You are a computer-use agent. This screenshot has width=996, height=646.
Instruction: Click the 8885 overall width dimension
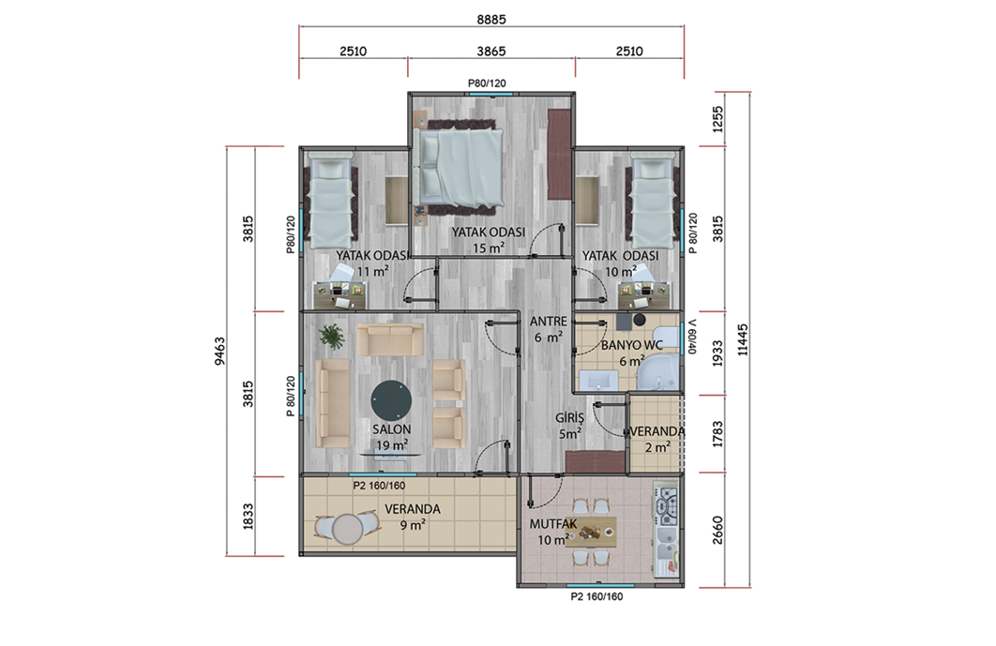(x=491, y=20)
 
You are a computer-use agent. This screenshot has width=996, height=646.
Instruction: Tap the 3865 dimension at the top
(x=491, y=52)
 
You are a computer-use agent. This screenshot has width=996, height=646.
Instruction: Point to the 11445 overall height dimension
(x=743, y=339)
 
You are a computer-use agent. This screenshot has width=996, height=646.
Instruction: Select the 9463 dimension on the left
(x=219, y=352)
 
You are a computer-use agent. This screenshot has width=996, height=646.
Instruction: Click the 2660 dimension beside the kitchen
(x=717, y=530)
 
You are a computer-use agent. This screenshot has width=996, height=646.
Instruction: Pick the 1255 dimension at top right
(x=717, y=119)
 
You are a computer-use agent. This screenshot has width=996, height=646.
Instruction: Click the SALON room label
(x=391, y=429)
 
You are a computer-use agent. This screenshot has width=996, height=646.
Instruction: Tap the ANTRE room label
(x=549, y=322)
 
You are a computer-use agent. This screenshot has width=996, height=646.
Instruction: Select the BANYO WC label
(x=632, y=346)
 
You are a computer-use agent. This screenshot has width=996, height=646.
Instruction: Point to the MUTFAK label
(x=553, y=524)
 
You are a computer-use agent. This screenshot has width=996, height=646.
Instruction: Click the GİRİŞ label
(x=569, y=418)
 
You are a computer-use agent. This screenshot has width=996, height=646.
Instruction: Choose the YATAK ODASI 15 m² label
(x=489, y=239)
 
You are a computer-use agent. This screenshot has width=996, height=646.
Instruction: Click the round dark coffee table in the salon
(x=391, y=400)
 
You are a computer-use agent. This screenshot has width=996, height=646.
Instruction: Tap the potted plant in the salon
(x=332, y=336)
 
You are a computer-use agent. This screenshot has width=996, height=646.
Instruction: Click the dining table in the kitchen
(x=591, y=532)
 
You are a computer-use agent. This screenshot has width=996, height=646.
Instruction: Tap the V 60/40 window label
(x=692, y=337)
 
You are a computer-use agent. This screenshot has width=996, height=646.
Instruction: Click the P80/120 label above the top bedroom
(x=487, y=83)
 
